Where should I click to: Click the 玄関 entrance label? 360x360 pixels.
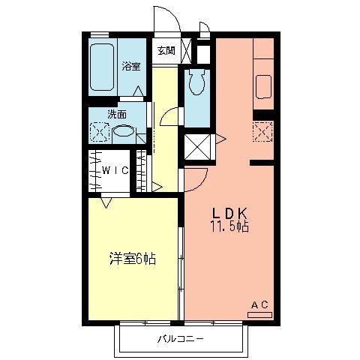(166, 51)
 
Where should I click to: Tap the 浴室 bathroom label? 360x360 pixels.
(131, 66)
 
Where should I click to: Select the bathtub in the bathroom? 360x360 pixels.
(102, 67)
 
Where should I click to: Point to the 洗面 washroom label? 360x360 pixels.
(117, 115)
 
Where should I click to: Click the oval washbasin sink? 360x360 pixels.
(124, 131)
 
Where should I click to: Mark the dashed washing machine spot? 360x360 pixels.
(100, 133)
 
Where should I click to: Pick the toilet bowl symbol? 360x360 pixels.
(197, 82)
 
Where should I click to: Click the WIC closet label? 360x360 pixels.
(115, 170)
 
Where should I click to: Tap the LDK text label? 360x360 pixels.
(229, 213)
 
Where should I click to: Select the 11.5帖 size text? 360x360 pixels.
(229, 226)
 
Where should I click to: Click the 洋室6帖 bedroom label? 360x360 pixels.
(133, 259)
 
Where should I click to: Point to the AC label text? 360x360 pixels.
(259, 304)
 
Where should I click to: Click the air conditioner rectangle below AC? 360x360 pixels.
(259, 315)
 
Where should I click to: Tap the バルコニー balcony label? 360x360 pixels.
(181, 339)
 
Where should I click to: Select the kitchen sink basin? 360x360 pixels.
(263, 87)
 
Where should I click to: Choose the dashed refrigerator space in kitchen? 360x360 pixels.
(262, 132)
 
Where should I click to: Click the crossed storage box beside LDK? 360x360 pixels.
(197, 147)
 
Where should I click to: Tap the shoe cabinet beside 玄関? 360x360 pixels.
(186, 51)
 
